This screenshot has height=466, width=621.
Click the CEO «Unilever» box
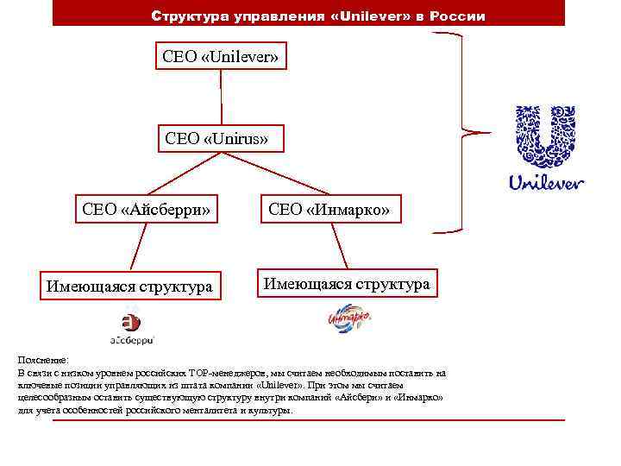pyautogui.click(x=221, y=56)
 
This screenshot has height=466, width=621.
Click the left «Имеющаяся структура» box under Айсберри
pyautogui.click(x=129, y=286)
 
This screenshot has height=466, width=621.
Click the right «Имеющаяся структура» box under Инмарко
pyautogui.click(x=346, y=283)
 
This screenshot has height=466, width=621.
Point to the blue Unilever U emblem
pyautogui.click(x=545, y=136)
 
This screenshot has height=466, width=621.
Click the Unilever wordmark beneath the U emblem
pyautogui.click(x=546, y=183)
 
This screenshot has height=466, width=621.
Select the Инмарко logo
pyautogui.click(x=348, y=319)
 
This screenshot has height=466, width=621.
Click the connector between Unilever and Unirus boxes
pyautogui.click(x=221, y=97)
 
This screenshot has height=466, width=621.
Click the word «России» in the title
pyautogui.click(x=461, y=16)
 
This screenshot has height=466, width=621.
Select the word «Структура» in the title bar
pyautogui.click(x=186, y=16)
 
